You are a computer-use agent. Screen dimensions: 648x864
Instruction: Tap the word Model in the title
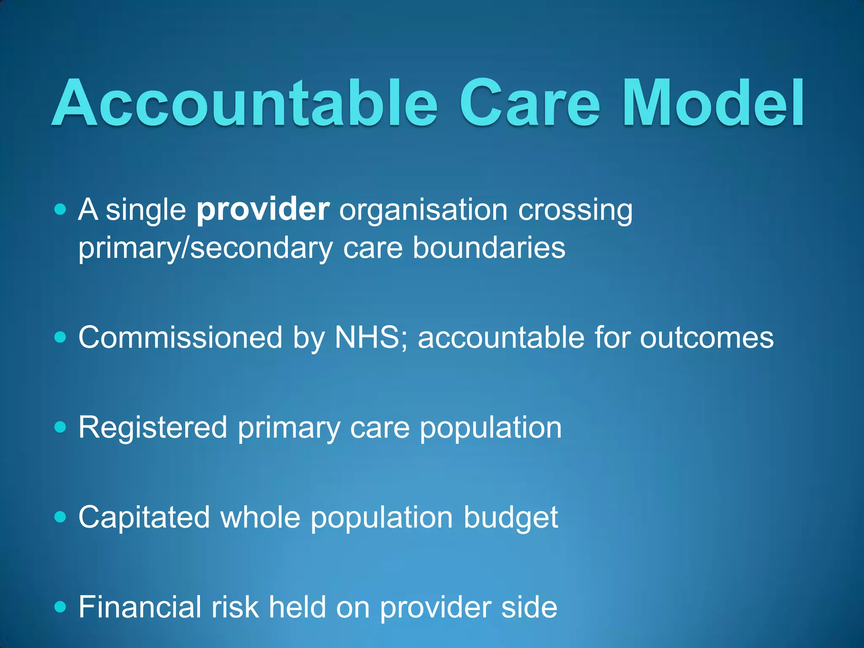pos(713,103)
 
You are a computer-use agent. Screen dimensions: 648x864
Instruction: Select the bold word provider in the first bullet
pos(263,210)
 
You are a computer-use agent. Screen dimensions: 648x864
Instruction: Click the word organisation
pos(423,211)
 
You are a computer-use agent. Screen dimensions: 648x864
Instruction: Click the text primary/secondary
pos(205,248)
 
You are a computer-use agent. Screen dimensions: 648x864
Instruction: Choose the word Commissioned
pos(180,337)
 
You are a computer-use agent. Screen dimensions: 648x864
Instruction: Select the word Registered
pos(153,428)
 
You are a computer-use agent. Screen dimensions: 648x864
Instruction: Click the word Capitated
pos(144,518)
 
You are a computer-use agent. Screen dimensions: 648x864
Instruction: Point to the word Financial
pos(140,607)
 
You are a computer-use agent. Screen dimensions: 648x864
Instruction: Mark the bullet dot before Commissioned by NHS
pos(61,338)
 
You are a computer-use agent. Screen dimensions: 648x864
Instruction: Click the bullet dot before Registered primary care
pos(61,428)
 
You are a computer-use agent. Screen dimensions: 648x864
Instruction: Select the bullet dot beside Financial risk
pos(61,607)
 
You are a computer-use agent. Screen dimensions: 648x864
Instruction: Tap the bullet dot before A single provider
pos(61,209)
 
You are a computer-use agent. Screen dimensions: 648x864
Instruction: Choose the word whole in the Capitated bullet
pos(260,518)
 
